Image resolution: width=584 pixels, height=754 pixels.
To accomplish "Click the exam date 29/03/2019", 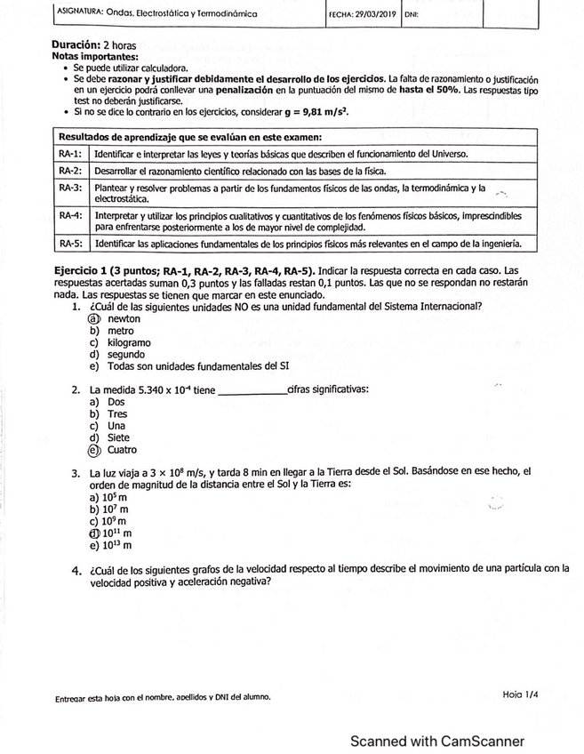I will pos(375,15).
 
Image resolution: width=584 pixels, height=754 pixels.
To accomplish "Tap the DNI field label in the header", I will pos(412,15).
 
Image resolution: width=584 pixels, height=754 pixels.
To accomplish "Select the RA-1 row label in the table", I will pos(70,154).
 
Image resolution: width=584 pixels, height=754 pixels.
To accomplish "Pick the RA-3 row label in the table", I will pos(70,188).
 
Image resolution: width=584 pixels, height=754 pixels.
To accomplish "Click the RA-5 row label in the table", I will pos(70,243).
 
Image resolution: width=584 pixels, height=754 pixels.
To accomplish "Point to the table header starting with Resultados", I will pos(190,137).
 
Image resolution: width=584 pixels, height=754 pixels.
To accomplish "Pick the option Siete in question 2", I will pos(118,437).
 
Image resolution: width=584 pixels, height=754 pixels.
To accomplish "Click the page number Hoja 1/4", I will pos(519,694).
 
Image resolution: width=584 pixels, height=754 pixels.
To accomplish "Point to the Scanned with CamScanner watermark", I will pos(436,741).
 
